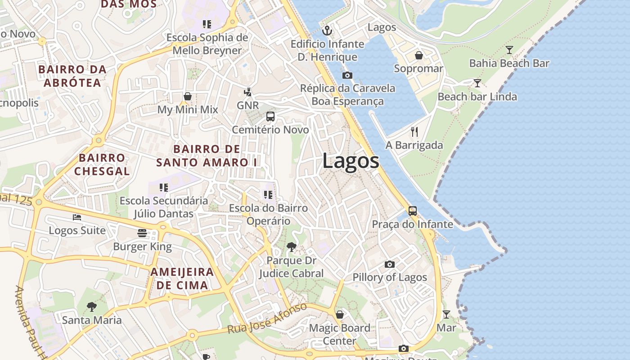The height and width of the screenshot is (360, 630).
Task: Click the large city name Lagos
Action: tap(351, 161)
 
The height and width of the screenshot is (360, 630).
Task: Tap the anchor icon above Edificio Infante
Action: tap(328, 31)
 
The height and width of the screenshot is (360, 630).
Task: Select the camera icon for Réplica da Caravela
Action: tap(347, 75)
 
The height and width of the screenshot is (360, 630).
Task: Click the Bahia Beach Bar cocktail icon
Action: tap(509, 49)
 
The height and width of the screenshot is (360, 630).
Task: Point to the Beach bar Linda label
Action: tap(477, 97)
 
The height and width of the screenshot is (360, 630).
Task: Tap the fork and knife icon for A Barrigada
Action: tap(414, 131)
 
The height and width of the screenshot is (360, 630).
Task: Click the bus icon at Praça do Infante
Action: tap(412, 211)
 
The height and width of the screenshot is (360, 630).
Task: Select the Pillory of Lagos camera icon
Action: tap(390, 264)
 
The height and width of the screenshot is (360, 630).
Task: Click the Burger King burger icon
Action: tap(142, 233)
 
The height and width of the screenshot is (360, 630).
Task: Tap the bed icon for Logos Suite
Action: tap(77, 217)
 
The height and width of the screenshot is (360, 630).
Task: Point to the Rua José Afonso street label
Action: tap(267, 319)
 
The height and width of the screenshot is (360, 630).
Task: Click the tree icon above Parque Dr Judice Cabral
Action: tap(291, 247)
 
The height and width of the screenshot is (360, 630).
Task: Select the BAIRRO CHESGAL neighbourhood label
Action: tap(102, 164)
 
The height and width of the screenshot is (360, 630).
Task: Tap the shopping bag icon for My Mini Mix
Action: tap(188, 96)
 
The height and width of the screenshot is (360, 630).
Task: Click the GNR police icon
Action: tap(247, 92)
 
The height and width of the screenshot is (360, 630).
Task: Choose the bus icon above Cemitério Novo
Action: tap(270, 117)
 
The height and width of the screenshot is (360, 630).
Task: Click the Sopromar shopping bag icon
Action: tap(418, 55)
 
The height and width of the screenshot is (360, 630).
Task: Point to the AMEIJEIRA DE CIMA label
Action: tap(182, 278)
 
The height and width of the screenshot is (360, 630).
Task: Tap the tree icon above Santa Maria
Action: tap(92, 307)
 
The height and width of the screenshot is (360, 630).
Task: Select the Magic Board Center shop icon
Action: tap(340, 315)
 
